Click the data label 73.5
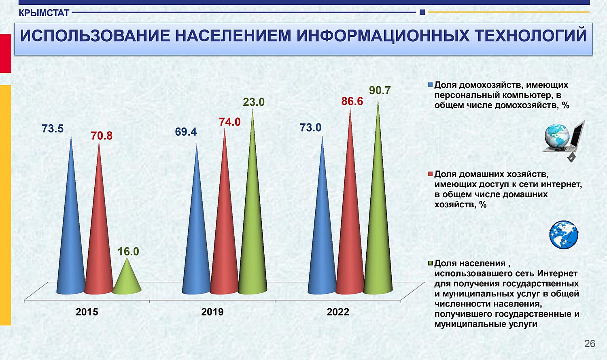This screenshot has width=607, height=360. coord(53,128)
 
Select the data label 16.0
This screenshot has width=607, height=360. coord(128,251)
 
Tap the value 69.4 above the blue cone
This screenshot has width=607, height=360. coord(186,132)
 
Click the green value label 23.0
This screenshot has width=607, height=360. coord(254,102)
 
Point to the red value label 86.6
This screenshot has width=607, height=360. coord(352,101)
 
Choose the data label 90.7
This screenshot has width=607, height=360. coord(380,90)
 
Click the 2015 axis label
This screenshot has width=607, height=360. coord(87,312)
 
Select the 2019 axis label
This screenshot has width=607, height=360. coord(212,312)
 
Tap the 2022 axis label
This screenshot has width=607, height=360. coord(338,312)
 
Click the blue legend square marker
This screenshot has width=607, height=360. coord(430,85)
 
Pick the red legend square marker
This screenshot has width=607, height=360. coord(430,174)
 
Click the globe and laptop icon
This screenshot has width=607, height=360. coord(564,141)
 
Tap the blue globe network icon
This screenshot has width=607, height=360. coord(564,235)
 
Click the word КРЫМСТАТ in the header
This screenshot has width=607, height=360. coord(44,13)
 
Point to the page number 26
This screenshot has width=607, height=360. coord(590,344)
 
